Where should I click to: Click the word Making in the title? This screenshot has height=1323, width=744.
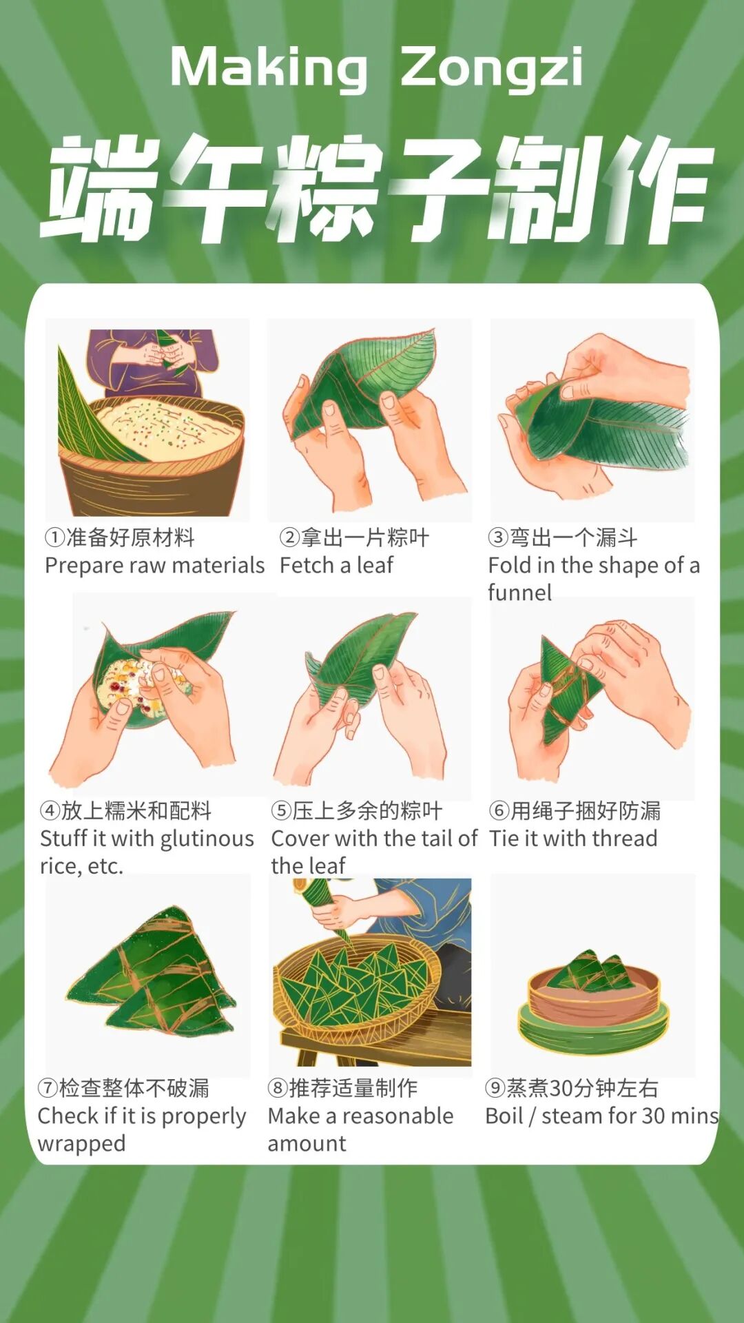coord(269,68)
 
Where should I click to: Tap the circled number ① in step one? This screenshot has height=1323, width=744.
coord(55,537)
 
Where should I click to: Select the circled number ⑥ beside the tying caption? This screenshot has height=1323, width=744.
coord(499,810)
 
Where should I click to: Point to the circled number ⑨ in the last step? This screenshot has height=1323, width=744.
coord(495,1087)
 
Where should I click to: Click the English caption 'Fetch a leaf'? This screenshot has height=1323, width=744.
coord(336,565)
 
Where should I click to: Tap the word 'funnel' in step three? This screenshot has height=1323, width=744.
coord(519,593)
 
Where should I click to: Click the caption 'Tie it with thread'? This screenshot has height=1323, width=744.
coord(573,838)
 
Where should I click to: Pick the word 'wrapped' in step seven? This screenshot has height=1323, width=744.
coord(81,1144)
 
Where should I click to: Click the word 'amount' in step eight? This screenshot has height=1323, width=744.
coord(307,1144)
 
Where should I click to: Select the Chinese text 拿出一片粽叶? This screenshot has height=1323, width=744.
coord(365,537)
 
